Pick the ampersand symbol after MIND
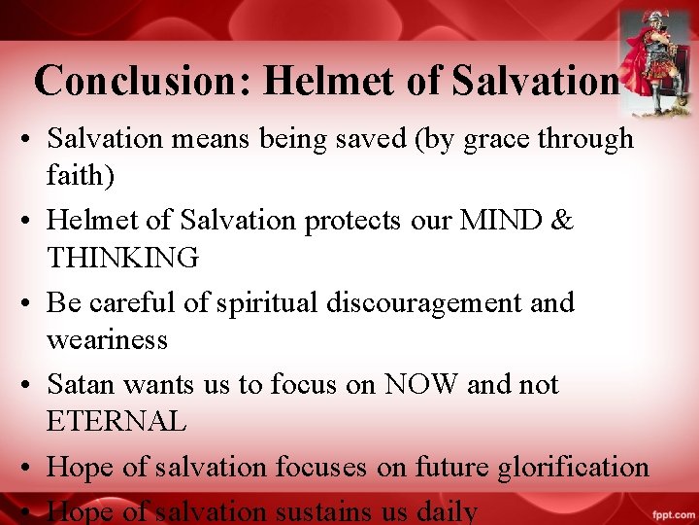tap(562, 221)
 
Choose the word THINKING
tap(123, 258)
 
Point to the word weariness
tap(107, 339)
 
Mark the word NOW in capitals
tap(422, 385)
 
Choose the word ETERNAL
tap(116, 422)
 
